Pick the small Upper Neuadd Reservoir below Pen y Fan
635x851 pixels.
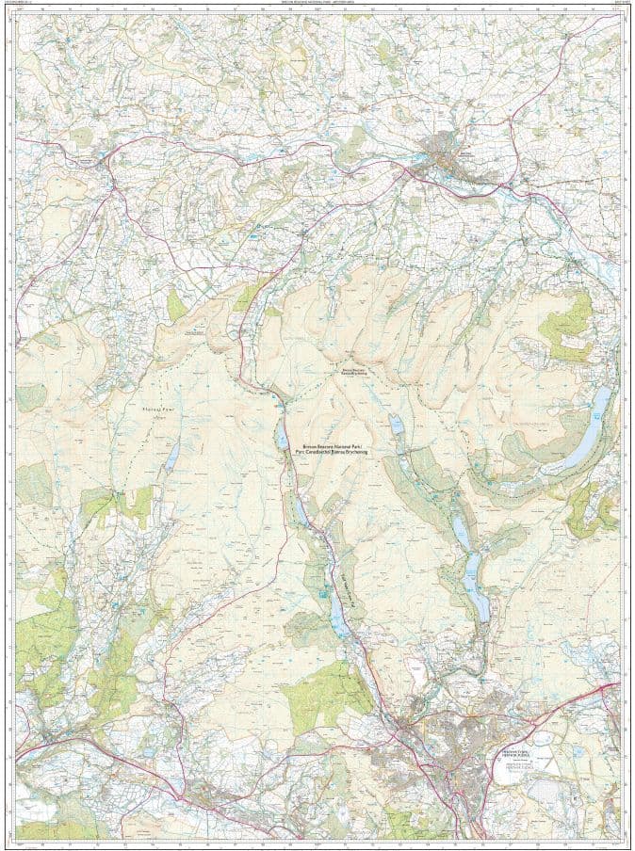click(x=397, y=426)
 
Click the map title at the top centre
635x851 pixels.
click(x=317, y=6)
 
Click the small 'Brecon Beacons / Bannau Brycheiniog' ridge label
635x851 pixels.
click(x=354, y=372)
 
